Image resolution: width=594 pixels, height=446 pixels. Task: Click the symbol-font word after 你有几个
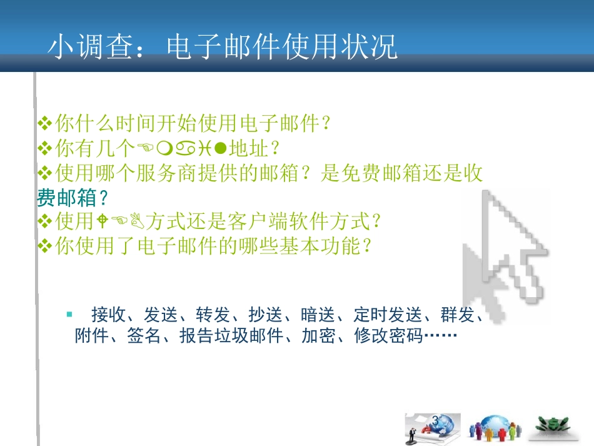181,149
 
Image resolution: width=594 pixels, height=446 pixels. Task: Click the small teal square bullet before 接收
70,313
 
